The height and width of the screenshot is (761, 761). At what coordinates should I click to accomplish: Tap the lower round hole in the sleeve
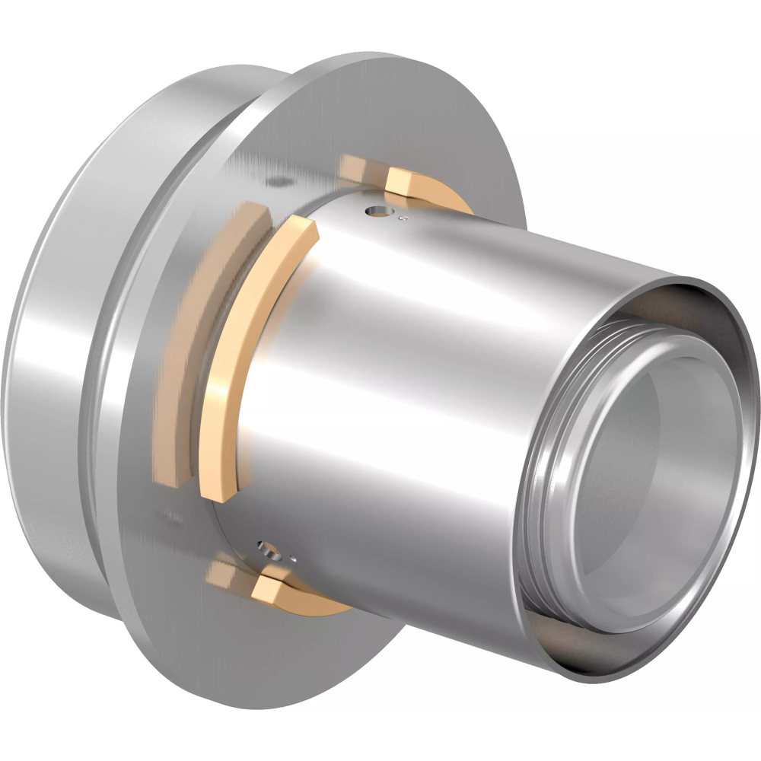265,546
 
